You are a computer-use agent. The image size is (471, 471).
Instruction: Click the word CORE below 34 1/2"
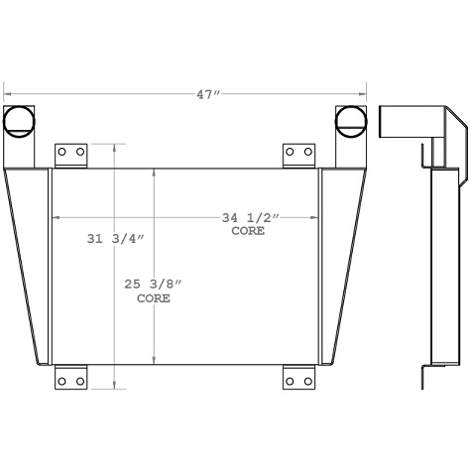click(x=248, y=230)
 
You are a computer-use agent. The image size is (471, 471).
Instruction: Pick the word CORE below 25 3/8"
click(x=154, y=297)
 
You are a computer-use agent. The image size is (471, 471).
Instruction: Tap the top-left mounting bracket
click(x=69, y=155)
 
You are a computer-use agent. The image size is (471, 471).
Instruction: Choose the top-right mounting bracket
click(x=299, y=155)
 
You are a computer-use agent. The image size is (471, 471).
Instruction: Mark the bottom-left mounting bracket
click(x=69, y=378)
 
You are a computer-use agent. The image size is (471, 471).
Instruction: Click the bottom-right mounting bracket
click(x=299, y=378)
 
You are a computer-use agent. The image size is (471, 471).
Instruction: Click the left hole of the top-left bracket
click(x=61, y=153)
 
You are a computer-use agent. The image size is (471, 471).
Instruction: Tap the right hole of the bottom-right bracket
click(x=307, y=380)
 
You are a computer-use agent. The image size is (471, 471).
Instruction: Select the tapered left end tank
click(x=30, y=263)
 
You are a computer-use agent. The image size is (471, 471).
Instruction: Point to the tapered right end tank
click(x=341, y=263)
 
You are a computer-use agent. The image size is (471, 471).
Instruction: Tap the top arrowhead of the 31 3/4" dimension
click(x=119, y=147)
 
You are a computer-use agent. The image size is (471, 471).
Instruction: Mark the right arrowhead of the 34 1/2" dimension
click(x=317, y=216)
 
